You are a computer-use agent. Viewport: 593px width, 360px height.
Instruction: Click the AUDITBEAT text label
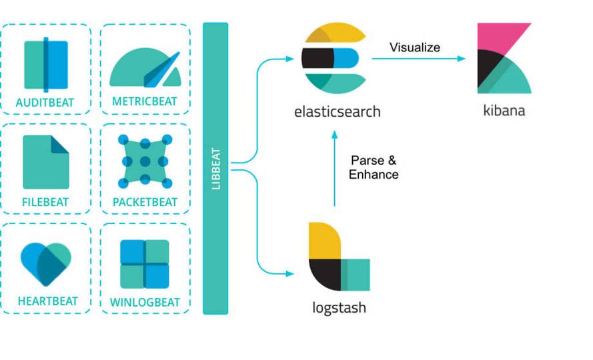point(45,103)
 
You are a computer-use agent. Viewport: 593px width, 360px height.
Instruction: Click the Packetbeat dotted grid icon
point(145,161)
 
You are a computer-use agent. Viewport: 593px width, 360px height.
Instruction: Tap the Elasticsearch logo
point(334,59)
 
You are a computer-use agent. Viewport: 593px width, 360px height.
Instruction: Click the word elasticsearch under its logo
point(338,111)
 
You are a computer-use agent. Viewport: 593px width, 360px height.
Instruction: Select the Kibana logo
point(504,59)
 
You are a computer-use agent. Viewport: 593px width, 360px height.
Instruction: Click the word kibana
point(504,111)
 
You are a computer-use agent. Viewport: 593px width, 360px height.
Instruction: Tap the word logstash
point(339,308)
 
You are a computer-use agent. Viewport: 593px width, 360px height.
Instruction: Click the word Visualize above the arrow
point(415,47)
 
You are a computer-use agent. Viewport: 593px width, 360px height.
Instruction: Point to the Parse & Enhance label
point(374,167)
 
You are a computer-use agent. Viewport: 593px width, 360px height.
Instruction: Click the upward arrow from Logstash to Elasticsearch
point(334,170)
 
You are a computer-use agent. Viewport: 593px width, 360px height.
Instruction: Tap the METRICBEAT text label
point(145,102)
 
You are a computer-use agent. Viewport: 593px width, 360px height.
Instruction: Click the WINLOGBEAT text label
point(145,302)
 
